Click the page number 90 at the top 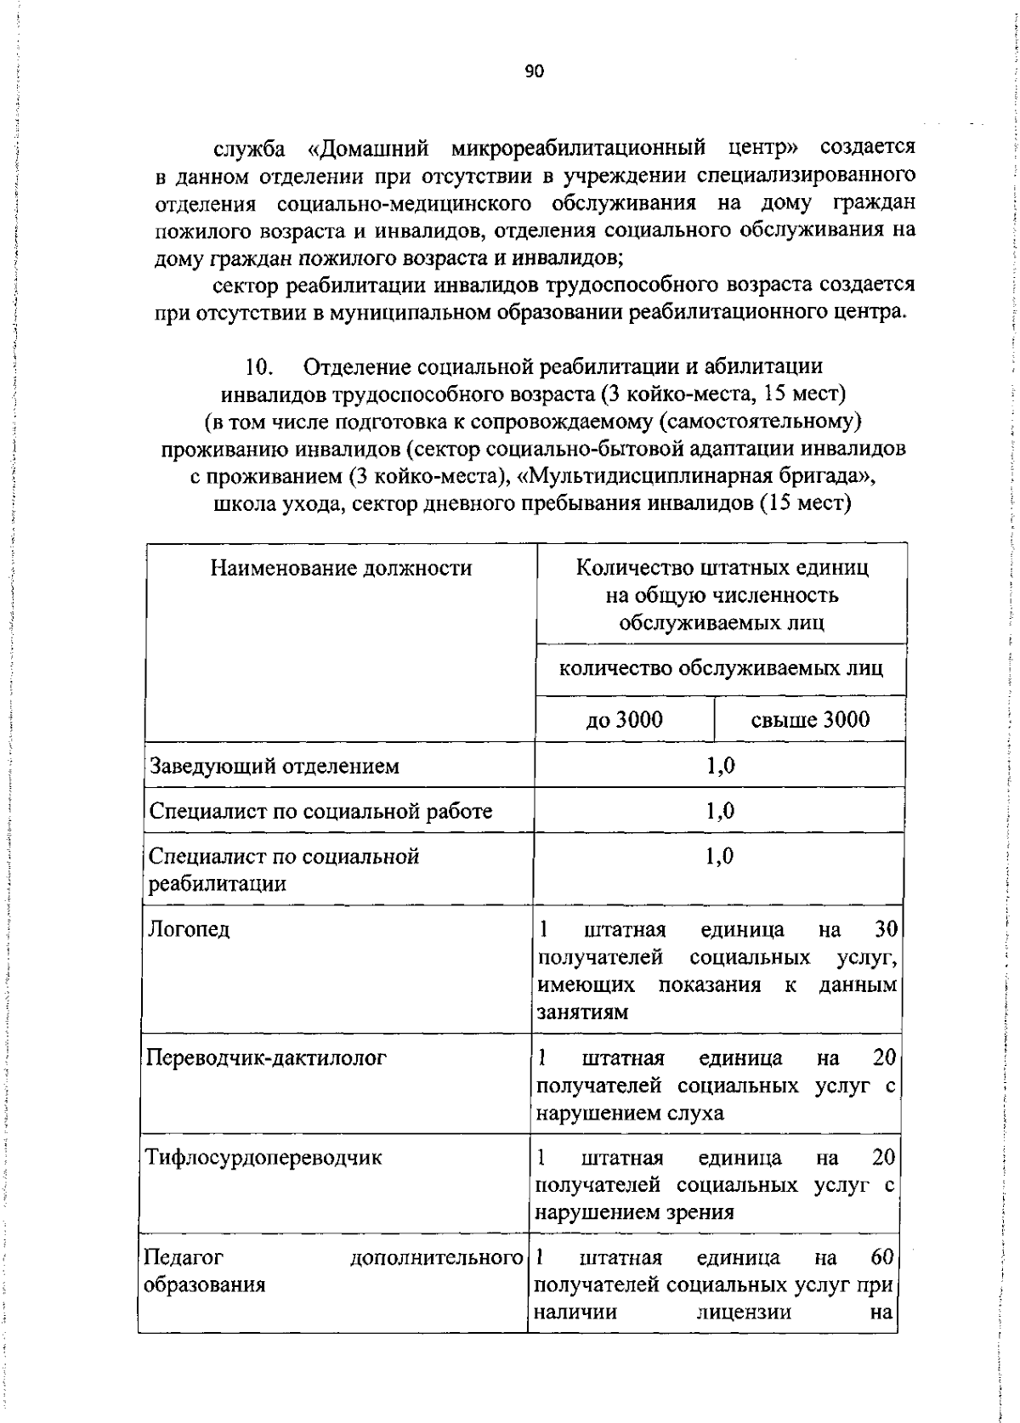[533, 71]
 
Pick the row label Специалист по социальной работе [320, 811]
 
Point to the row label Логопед [189, 928]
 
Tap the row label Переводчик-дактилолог [266, 1057]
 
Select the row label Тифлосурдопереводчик [263, 1157]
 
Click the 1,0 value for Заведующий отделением [720, 766]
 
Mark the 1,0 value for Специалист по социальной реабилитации [720, 856]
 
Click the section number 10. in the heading [258, 366]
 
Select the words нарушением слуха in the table [630, 1113]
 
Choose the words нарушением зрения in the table [634, 1212]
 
